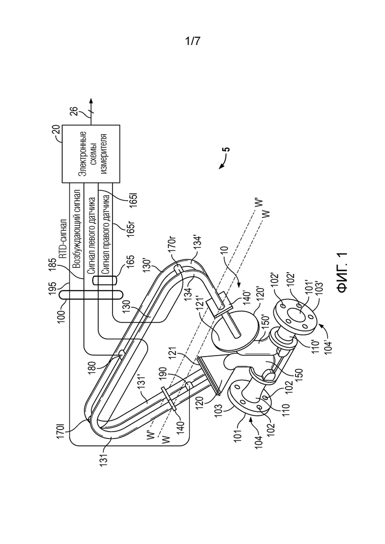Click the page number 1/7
(x=192, y=41)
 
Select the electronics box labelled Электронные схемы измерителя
(x=91, y=154)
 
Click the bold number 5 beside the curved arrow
(x=227, y=150)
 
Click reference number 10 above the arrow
(x=225, y=251)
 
